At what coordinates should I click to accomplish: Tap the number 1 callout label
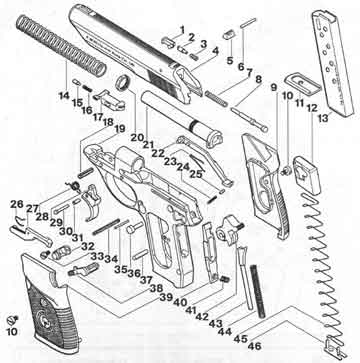tap(183, 29)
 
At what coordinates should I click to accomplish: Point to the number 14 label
tap(63, 96)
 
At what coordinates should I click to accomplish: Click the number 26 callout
tap(17, 204)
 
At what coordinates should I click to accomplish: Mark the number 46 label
tap(257, 345)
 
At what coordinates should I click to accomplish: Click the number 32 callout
tap(88, 246)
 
